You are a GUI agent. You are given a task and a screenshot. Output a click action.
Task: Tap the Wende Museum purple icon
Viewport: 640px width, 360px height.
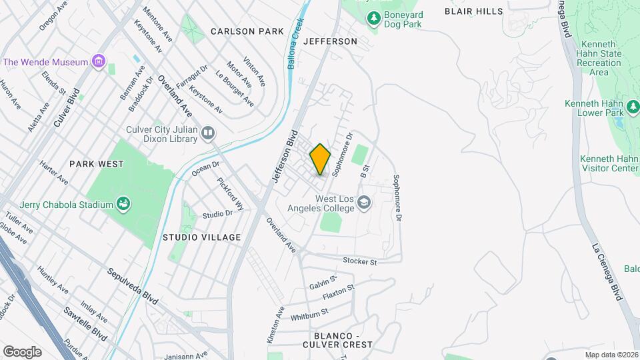(99, 62)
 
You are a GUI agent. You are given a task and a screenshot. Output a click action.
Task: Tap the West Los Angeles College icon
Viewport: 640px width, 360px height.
(364, 202)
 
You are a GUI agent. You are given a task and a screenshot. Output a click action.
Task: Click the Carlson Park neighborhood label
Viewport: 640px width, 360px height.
(247, 31)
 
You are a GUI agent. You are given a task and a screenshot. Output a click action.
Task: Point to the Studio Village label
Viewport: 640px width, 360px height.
(201, 237)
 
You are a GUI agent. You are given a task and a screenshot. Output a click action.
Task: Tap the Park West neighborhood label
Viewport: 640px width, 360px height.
(96, 163)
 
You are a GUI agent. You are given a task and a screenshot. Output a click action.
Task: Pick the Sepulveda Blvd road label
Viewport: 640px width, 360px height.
(133, 287)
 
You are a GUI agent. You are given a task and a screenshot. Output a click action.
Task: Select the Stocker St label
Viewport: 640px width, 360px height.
(360, 261)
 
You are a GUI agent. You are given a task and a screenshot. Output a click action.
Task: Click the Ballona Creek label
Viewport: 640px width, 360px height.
(300, 41)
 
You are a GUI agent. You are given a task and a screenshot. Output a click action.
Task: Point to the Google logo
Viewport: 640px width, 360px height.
(22, 351)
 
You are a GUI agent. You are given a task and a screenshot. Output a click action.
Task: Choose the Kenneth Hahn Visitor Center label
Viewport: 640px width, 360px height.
(609, 164)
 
